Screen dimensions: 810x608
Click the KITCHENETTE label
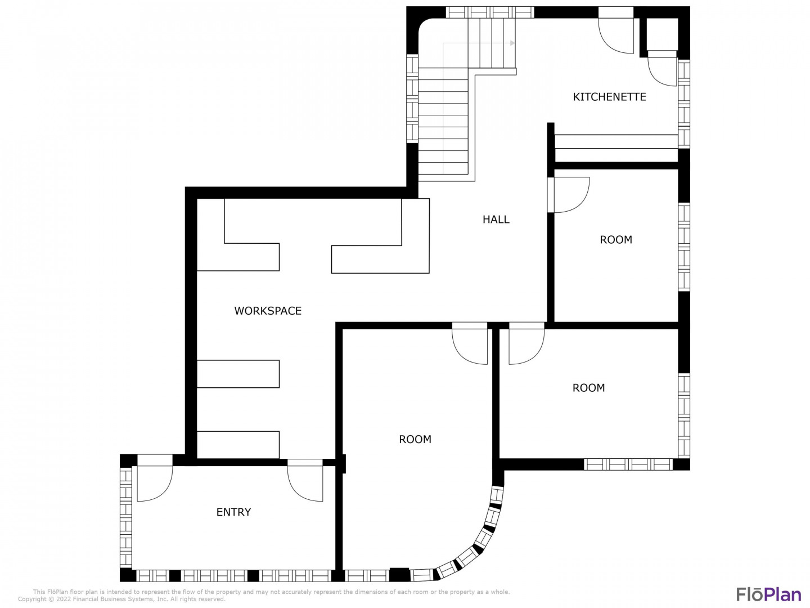[x=609, y=97]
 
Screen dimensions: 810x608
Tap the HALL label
[x=496, y=220]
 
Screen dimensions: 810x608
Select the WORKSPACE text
[x=268, y=311]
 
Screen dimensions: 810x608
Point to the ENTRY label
[x=233, y=512]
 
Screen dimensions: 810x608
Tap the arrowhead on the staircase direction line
[x=512, y=43]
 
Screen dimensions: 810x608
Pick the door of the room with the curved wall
[x=470, y=343]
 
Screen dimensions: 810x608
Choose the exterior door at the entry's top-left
[x=155, y=482]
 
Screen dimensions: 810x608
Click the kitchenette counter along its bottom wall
[x=616, y=148]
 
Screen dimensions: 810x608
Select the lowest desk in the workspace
[x=238, y=445]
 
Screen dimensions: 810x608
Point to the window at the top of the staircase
[x=489, y=12]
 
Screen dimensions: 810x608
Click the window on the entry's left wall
[x=126, y=517]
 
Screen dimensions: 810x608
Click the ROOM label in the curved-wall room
[x=415, y=439]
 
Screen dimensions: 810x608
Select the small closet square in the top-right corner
[x=663, y=34]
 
